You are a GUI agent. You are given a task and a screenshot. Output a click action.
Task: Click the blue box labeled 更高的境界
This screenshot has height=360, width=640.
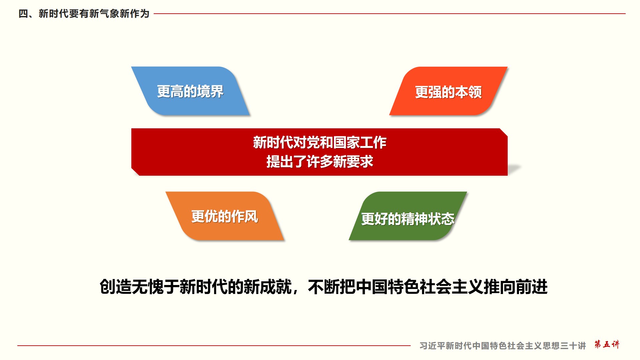point(190,91)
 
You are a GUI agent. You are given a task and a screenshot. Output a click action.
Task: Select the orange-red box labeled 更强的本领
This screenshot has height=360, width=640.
point(448,91)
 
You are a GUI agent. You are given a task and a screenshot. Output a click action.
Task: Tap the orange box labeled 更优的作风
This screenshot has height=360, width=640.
point(225,216)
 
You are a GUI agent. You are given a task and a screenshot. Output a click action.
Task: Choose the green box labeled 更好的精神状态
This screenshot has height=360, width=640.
point(408,216)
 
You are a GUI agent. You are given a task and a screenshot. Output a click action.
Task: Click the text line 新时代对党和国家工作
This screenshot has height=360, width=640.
point(319,142)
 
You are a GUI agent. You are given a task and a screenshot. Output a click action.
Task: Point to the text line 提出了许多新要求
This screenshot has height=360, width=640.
point(319,162)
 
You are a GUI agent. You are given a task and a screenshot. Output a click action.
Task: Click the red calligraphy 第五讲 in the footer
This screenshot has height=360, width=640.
point(607,344)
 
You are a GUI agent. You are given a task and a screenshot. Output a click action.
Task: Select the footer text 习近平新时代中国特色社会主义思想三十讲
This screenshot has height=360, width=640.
point(503,346)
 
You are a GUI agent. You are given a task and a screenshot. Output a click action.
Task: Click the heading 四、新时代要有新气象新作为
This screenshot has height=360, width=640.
point(84,14)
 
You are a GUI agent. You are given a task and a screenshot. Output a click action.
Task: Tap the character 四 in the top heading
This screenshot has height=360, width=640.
point(23,14)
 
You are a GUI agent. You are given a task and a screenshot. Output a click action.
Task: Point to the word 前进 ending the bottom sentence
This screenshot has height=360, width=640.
point(532,287)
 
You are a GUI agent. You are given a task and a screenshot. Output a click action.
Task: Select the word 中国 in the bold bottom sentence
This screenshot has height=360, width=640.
point(372,287)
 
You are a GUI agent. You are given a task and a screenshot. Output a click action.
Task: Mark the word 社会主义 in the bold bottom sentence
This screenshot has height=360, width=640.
point(452,287)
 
